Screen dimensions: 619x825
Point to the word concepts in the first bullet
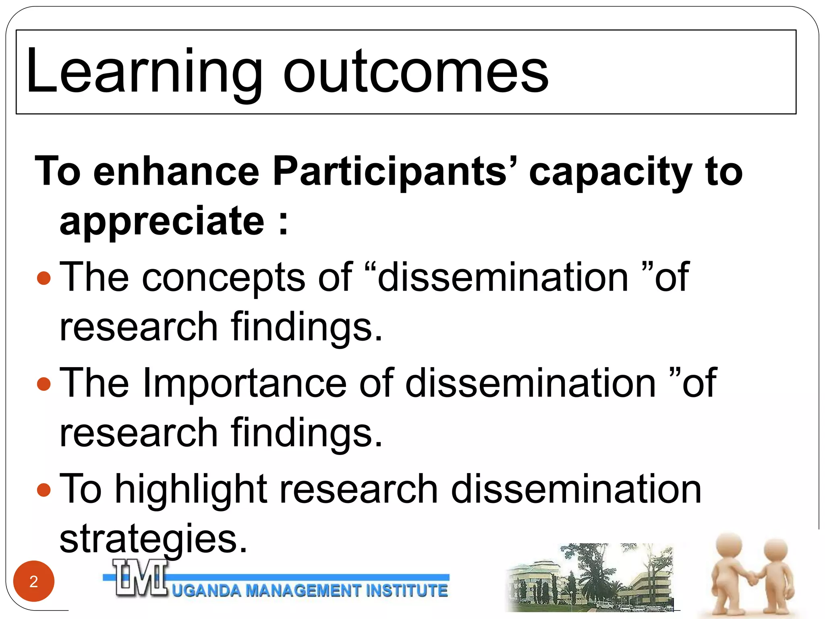click(x=224, y=278)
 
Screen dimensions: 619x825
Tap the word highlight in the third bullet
click(x=191, y=490)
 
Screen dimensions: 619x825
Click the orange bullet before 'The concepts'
click(x=44, y=278)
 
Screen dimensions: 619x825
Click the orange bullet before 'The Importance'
click(x=44, y=384)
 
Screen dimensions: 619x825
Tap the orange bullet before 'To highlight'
click(x=44, y=490)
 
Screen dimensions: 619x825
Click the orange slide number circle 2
click(x=34, y=581)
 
